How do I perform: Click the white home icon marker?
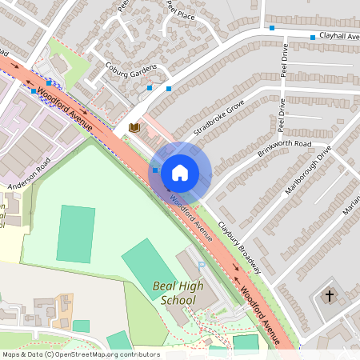pos(180,172)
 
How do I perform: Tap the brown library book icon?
pos(134,127)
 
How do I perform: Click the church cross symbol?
pos(329,296)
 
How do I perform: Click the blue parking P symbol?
pos(202,265)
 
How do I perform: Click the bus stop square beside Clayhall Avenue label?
pos(312,37)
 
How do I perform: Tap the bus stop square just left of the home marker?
pos(155,170)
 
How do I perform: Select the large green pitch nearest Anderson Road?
pos(75,234)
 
